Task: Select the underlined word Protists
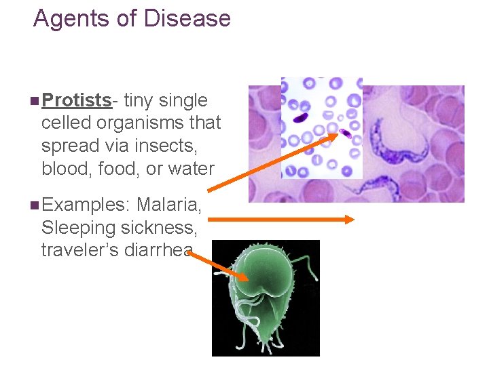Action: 76,100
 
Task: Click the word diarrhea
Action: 158,249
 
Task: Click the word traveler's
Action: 80,249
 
